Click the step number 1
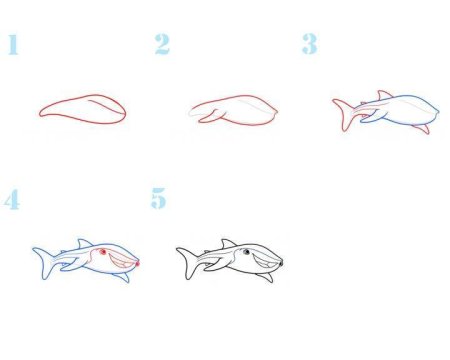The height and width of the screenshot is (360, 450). (x=13, y=45)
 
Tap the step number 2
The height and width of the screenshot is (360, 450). (x=162, y=44)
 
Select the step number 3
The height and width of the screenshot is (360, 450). (x=310, y=44)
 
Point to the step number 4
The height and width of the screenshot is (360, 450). (x=12, y=199)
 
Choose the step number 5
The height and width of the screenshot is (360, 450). (x=159, y=198)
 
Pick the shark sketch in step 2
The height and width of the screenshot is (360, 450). (x=233, y=110)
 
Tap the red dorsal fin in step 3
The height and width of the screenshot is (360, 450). (x=384, y=95)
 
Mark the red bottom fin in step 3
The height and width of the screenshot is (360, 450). (x=422, y=129)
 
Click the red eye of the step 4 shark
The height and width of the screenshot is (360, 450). (x=103, y=252)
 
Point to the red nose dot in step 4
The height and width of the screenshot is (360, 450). (x=137, y=264)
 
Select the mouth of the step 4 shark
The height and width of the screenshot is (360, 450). (x=122, y=261)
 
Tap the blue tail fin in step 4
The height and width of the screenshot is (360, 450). (x=44, y=262)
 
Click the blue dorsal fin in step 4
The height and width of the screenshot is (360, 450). (x=85, y=243)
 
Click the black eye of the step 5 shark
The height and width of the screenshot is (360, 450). (x=246, y=252)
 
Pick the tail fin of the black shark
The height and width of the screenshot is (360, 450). (x=188, y=262)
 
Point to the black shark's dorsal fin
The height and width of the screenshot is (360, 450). (x=228, y=243)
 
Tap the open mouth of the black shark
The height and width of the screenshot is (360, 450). (x=266, y=261)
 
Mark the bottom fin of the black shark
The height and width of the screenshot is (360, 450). (x=266, y=277)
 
